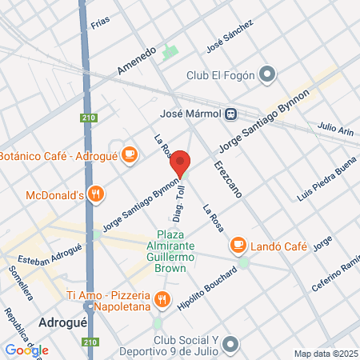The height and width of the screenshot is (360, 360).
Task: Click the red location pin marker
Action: point(180,163)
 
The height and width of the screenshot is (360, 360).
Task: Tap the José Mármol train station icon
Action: point(230,114)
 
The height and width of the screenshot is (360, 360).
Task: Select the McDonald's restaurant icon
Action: point(96,194)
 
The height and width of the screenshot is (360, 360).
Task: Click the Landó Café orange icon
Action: point(238,244)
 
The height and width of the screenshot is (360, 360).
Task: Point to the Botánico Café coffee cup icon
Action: point(130,155)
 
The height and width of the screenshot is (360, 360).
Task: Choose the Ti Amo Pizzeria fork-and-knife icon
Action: point(162,301)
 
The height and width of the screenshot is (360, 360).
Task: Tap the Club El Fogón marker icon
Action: point(267,76)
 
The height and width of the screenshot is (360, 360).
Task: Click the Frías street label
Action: point(100,24)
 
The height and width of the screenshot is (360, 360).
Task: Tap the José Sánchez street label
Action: point(230,36)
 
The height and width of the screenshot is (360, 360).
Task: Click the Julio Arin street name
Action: point(334,127)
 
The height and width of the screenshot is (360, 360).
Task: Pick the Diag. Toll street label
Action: point(178,205)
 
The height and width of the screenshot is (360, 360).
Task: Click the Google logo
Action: point(26,350)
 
